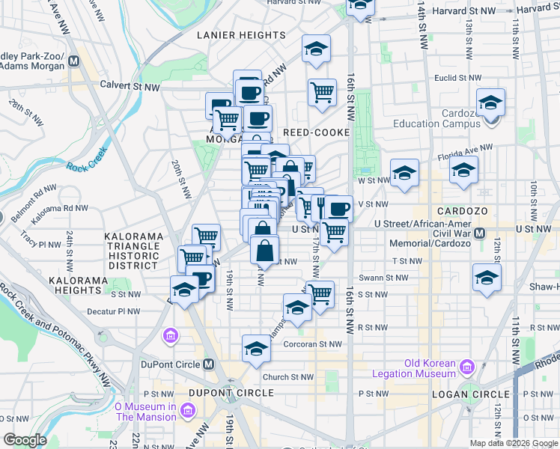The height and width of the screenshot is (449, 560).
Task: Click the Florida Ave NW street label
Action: pos(462,147)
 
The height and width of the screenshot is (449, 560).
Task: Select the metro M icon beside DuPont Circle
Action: pos(208,364)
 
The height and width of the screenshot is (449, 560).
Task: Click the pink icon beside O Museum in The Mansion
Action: pos(187,411)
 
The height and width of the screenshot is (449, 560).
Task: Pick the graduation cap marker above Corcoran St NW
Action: pos(256,349)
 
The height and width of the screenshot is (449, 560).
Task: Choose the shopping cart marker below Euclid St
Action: pos(322,93)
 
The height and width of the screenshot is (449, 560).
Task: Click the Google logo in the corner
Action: pos(25,440)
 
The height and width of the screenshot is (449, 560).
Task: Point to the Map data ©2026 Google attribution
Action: pos(514,444)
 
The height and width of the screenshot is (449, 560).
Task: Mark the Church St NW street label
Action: pos(287,377)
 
